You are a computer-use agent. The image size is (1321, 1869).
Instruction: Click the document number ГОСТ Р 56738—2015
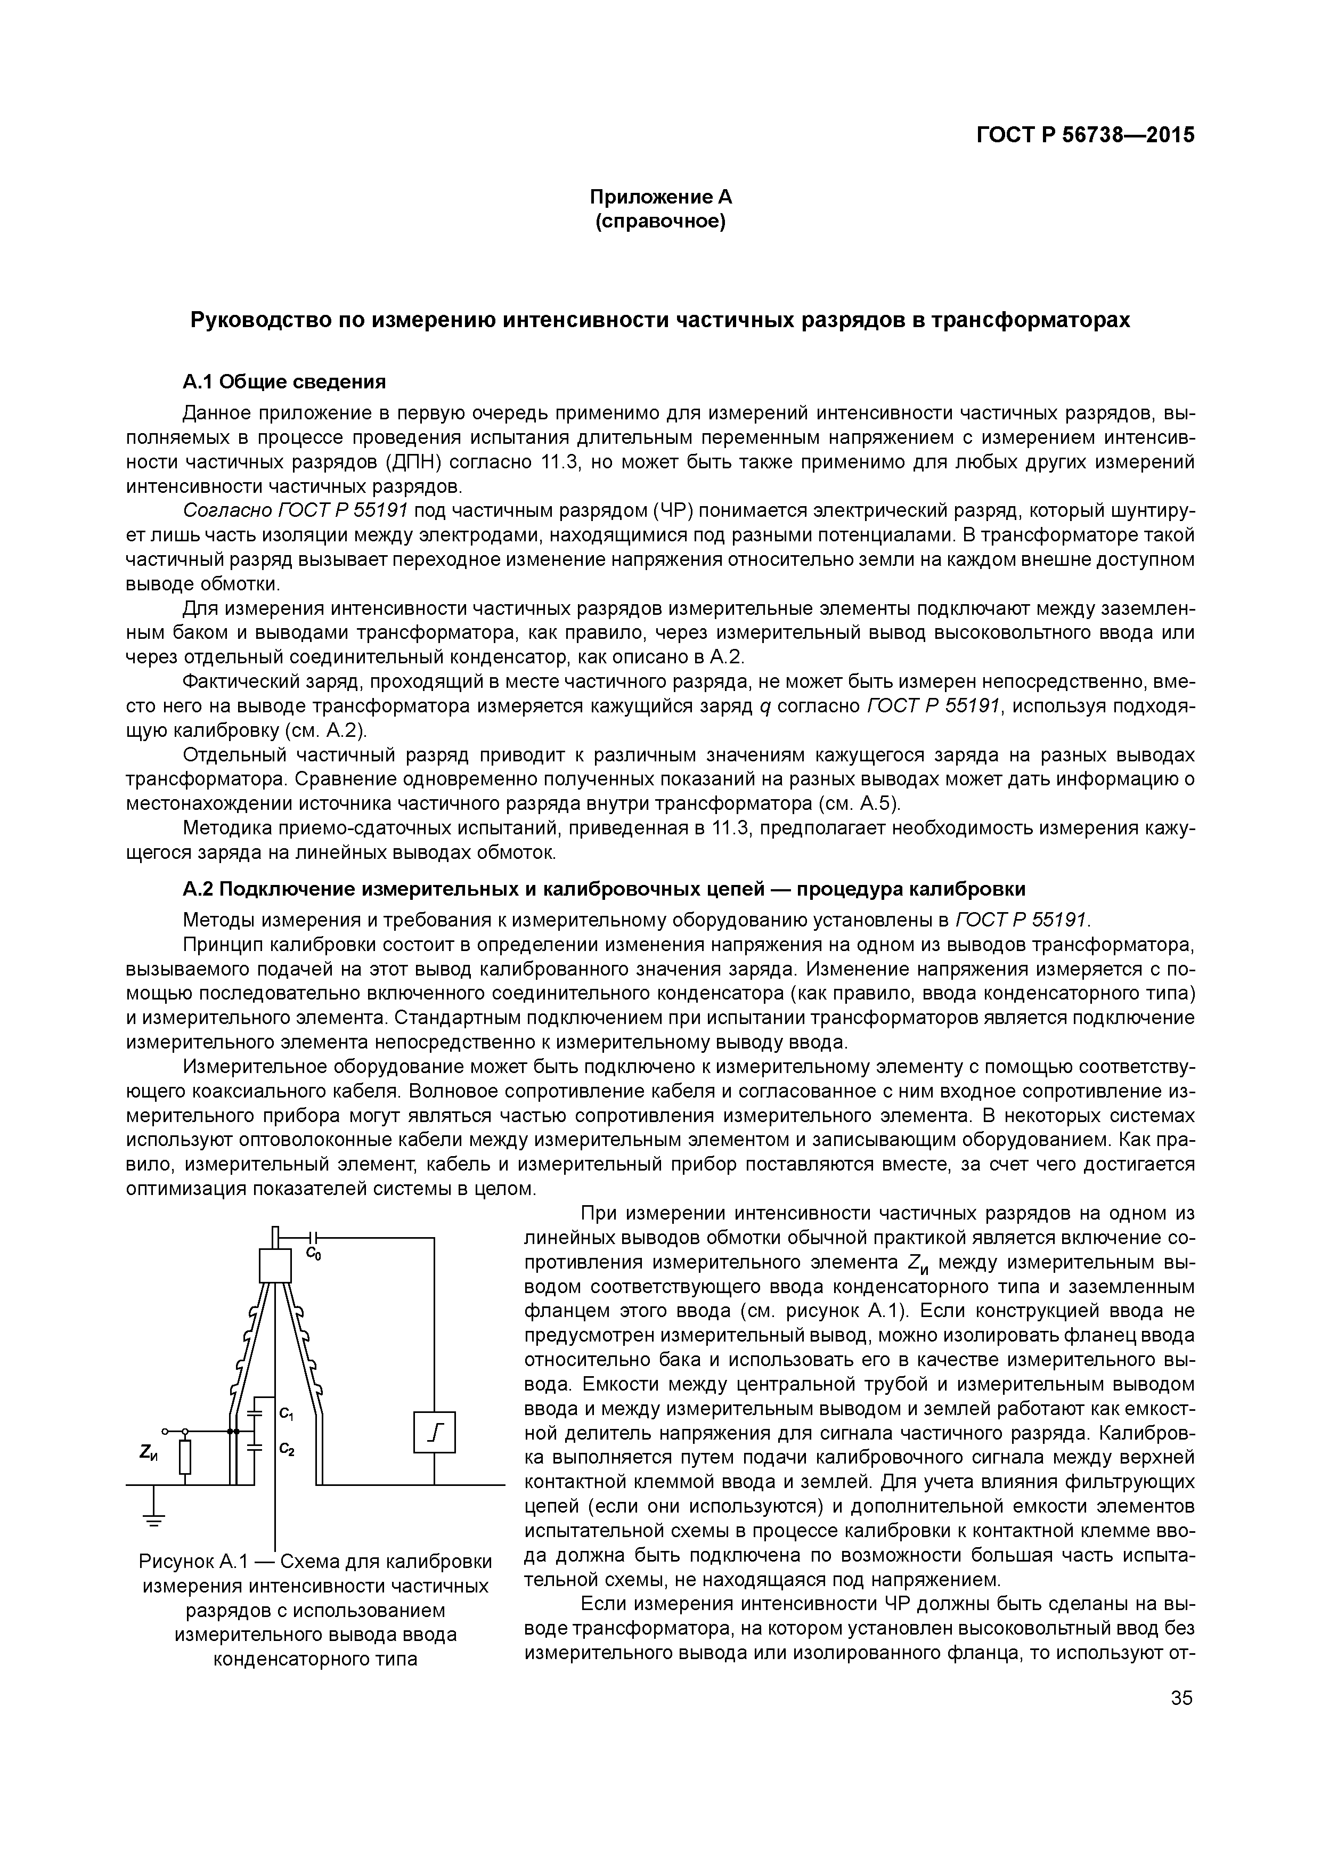1085,135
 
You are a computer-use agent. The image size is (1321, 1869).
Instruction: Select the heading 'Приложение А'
660,197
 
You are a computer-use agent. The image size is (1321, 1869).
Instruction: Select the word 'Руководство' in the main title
254,321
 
